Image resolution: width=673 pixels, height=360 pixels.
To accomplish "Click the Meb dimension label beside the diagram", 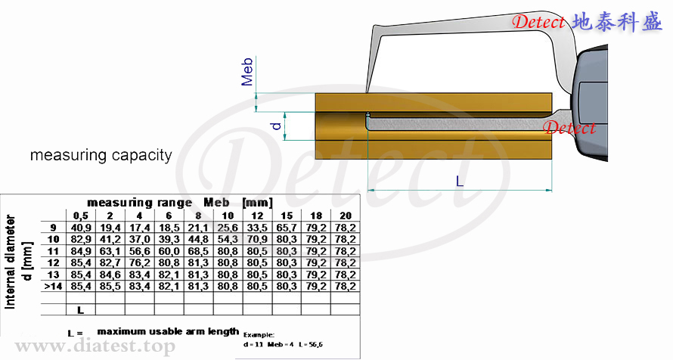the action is (247, 72).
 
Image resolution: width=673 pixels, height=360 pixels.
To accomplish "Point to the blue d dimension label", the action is (277, 126).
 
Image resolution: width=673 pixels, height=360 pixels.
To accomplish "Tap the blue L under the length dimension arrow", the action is (460, 181).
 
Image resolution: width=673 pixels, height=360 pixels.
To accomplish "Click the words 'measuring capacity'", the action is (101, 155).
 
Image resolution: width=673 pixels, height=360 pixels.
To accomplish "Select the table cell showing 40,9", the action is (81, 228).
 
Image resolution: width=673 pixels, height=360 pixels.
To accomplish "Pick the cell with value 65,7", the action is (287, 228).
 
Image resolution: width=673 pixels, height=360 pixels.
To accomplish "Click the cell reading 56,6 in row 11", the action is (139, 251).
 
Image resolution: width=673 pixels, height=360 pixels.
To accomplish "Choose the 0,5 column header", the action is (81, 216).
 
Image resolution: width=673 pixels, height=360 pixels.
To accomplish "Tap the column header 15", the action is (287, 216).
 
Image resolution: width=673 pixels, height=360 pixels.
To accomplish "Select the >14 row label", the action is (53, 286).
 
